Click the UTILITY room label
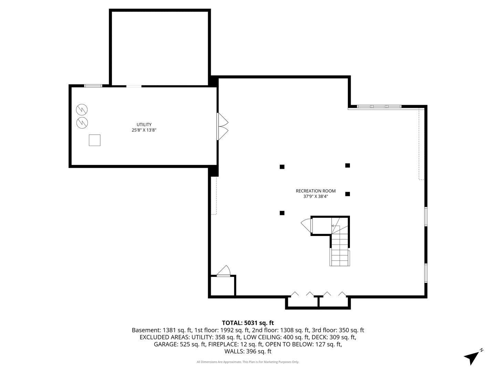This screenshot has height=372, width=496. pos(144,124)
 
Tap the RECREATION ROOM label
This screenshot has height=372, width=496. pos(316,191)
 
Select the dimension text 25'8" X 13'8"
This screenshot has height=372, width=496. pos(144,130)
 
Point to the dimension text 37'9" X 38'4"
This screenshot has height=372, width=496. pos(316,196)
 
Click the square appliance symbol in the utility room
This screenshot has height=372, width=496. pos(94,140)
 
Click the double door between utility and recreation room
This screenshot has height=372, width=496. pos(223,126)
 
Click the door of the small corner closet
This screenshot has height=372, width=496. pos(223,271)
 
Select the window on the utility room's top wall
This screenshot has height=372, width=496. pos(93,86)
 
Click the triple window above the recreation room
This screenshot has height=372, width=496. pos(379,106)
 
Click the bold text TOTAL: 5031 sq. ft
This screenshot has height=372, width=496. pos(248,323)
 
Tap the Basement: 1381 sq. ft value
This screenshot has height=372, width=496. pos(162,330)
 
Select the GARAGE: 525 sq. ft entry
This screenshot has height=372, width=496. pos(180,344)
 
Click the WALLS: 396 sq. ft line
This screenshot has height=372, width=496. pos(248,351)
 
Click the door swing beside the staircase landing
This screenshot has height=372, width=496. pos(307,225)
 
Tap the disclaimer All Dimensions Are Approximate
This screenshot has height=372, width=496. pos(219,362)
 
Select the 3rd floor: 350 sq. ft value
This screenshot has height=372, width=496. pos(338,330)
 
